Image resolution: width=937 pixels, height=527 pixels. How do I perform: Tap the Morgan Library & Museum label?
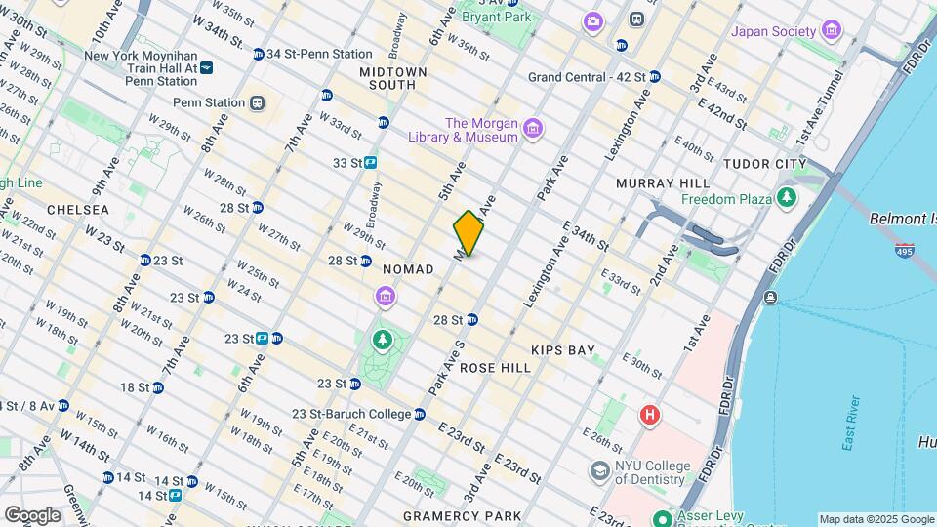tap(481, 130)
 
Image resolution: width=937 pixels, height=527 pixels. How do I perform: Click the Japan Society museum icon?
tap(832, 30)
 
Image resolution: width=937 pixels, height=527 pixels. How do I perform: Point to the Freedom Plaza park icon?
tap(787, 199)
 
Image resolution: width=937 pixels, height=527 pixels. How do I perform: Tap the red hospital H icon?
tap(649, 417)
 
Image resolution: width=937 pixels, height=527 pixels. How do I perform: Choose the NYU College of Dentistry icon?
tap(598, 471)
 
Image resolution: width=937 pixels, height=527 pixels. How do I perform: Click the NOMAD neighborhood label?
tap(408, 269)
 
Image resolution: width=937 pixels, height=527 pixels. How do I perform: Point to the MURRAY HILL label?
tap(654, 183)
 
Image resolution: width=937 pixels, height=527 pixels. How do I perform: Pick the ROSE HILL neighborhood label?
tap(495, 368)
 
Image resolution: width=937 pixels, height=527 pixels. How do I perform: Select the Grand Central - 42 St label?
tap(587, 77)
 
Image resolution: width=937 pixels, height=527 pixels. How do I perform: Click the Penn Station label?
tap(209, 102)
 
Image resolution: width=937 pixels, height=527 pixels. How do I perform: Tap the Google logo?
tap(32, 514)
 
